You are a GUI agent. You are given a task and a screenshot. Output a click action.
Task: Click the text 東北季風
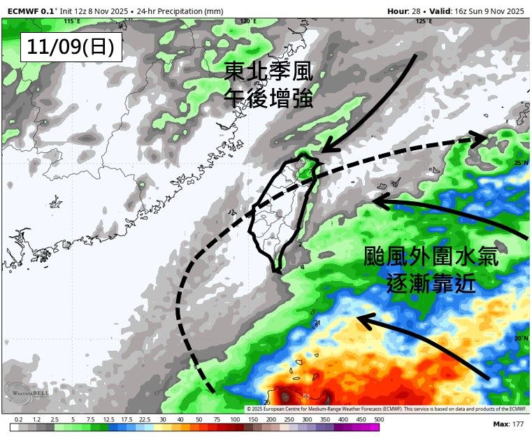[x=268, y=72]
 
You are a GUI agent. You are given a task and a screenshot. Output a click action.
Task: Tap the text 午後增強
[x=268, y=97]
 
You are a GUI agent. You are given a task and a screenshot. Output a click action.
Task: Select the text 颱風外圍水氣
[x=431, y=256]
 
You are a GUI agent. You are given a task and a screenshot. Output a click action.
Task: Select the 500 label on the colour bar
[x=378, y=419]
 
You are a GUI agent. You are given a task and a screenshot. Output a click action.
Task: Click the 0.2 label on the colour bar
[x=18, y=419]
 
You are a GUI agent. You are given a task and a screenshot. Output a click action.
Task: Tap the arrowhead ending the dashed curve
[x=481, y=139]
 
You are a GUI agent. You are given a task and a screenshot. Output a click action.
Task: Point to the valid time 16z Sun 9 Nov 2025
[x=487, y=10]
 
